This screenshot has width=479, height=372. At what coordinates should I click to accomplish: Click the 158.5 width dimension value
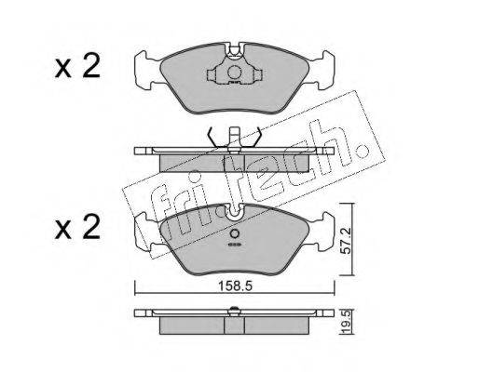(x=235, y=286)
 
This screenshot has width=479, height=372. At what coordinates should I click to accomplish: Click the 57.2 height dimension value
(x=345, y=241)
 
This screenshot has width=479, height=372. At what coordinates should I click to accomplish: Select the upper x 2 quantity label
(x=77, y=66)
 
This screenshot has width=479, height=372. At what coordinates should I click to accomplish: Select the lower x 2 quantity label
(x=77, y=227)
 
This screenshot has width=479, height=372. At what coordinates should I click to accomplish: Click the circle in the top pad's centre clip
(x=234, y=73)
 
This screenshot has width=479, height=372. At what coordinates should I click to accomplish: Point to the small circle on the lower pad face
(x=235, y=233)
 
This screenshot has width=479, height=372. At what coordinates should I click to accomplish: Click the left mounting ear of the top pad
(x=147, y=71)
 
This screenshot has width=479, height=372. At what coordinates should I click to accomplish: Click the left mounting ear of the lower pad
(x=147, y=232)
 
